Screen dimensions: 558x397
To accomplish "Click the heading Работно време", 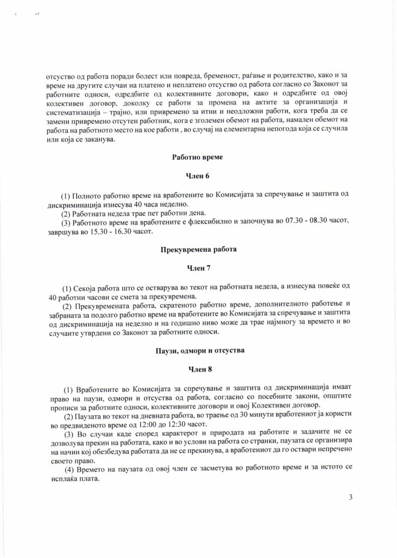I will [x=198, y=157].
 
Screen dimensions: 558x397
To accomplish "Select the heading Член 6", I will [x=198, y=175].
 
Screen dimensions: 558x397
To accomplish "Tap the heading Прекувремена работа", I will [x=198, y=250].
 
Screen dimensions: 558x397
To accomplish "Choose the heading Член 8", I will [x=198, y=371].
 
